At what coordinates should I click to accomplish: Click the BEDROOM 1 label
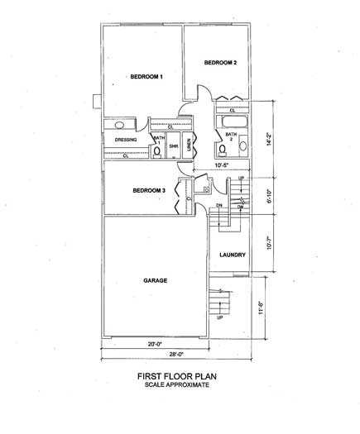(146, 77)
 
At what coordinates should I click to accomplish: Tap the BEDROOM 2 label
(220, 63)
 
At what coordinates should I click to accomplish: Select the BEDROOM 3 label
(149, 191)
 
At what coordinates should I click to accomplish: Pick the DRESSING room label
(126, 140)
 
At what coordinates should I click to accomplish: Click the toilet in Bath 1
(157, 150)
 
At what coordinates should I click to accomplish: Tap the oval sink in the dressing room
(120, 126)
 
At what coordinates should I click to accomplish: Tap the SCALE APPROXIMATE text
(179, 384)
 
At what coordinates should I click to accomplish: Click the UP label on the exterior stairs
(219, 317)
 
